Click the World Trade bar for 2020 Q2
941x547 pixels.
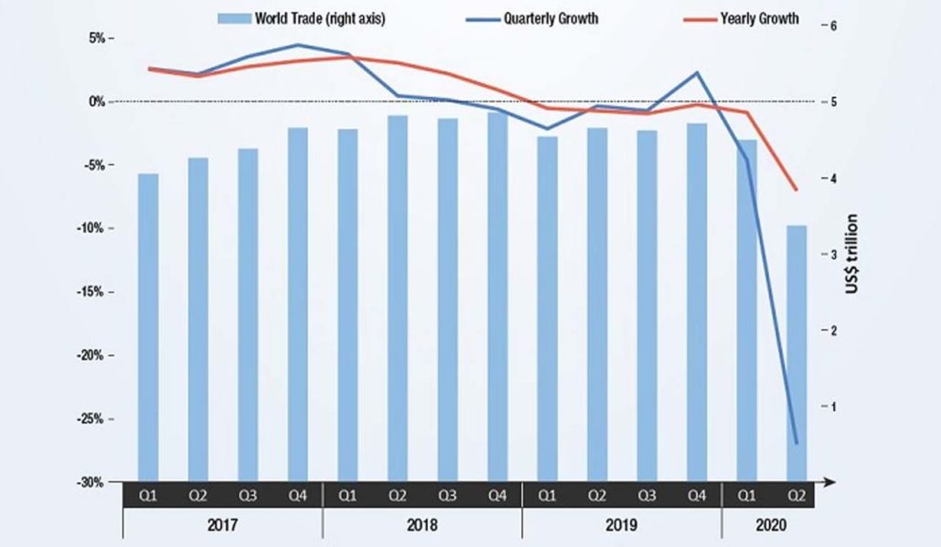pos(797,352)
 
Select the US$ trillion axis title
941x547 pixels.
pos(851,253)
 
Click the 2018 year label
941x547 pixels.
pos(422,526)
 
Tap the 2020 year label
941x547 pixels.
pos(770,526)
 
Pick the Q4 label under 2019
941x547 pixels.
pos(696,495)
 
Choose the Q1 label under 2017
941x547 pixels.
pos(148,495)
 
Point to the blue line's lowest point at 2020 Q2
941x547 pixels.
pos(797,444)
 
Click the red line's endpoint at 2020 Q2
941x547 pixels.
pos(797,190)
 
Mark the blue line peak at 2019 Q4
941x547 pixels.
pos(698,72)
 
